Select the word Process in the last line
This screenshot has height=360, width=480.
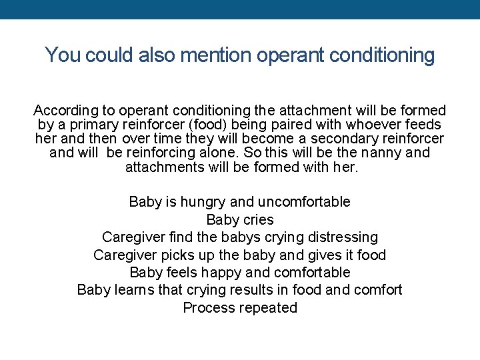207,308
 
